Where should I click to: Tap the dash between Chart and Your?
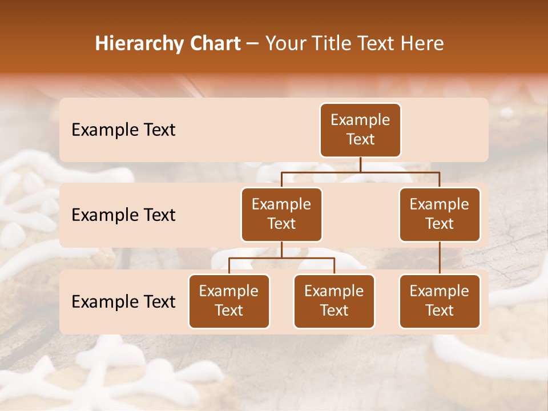[x=253, y=45]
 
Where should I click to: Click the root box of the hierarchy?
[x=360, y=130]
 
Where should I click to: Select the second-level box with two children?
[x=281, y=215]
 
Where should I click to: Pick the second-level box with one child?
[x=440, y=215]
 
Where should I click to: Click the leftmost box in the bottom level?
[x=229, y=301]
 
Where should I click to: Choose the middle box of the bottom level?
[x=334, y=301]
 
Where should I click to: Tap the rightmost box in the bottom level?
[x=440, y=301]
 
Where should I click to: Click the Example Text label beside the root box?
[x=123, y=130]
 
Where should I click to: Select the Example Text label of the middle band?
[x=123, y=215]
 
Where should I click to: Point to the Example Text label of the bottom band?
[x=123, y=302]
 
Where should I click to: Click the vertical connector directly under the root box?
[x=360, y=164]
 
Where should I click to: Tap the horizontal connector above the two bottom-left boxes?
[x=281, y=258]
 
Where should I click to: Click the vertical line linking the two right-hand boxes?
[x=440, y=258]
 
